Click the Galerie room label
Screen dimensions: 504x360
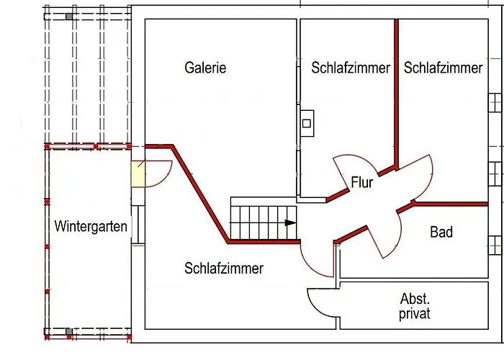pos(205,68)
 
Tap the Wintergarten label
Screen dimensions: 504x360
pos(91,226)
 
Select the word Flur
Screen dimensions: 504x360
pos(362,182)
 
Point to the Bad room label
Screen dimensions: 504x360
pos(441,232)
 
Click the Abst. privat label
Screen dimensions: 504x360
pos(415,306)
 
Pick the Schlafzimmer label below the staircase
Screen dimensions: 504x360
pos(224,268)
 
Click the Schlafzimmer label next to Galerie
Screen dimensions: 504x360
pos(351,68)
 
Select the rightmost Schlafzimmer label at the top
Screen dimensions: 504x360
pos(444,68)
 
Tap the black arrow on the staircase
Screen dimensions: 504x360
pos(291,222)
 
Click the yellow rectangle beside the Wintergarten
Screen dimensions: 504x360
pos(138,174)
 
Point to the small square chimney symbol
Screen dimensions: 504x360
pos(307,123)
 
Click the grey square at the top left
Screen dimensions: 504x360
pos(69,17)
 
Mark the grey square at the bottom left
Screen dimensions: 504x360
pos(69,331)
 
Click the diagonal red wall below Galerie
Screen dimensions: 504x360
pos(200,194)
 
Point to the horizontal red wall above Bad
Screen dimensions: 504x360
pos(450,204)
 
